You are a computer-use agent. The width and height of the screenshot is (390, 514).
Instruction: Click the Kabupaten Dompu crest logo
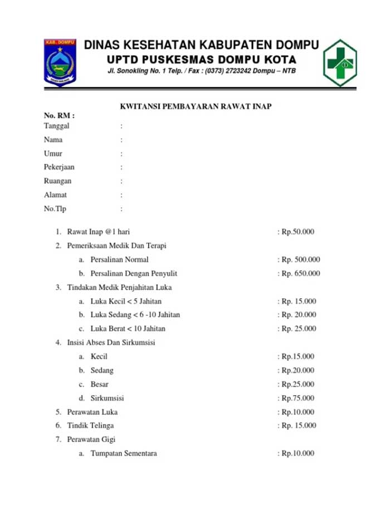pyautogui.click(x=60, y=62)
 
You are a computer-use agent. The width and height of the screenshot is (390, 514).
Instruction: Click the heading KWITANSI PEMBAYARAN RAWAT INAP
pyautogui.click(x=196, y=106)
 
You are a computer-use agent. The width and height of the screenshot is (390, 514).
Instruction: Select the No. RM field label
pyautogui.click(x=59, y=116)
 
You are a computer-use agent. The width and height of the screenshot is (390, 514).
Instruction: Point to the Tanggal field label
pyautogui.click(x=57, y=126)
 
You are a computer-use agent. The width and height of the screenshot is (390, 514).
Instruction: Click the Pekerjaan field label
pyautogui.click(x=59, y=167)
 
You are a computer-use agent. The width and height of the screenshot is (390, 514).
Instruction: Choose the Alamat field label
pyautogui.click(x=56, y=195)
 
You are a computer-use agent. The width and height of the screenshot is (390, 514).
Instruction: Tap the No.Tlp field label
pyautogui.click(x=55, y=209)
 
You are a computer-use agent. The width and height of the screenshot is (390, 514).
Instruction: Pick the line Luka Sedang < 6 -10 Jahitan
pyautogui.click(x=135, y=315)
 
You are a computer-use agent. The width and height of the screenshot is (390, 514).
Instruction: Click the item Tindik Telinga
pyautogui.click(x=90, y=425)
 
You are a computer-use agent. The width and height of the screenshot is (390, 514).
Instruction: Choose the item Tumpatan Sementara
pyautogui.click(x=124, y=453)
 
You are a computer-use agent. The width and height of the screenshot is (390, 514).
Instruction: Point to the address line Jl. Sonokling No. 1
pyautogui.click(x=202, y=71)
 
